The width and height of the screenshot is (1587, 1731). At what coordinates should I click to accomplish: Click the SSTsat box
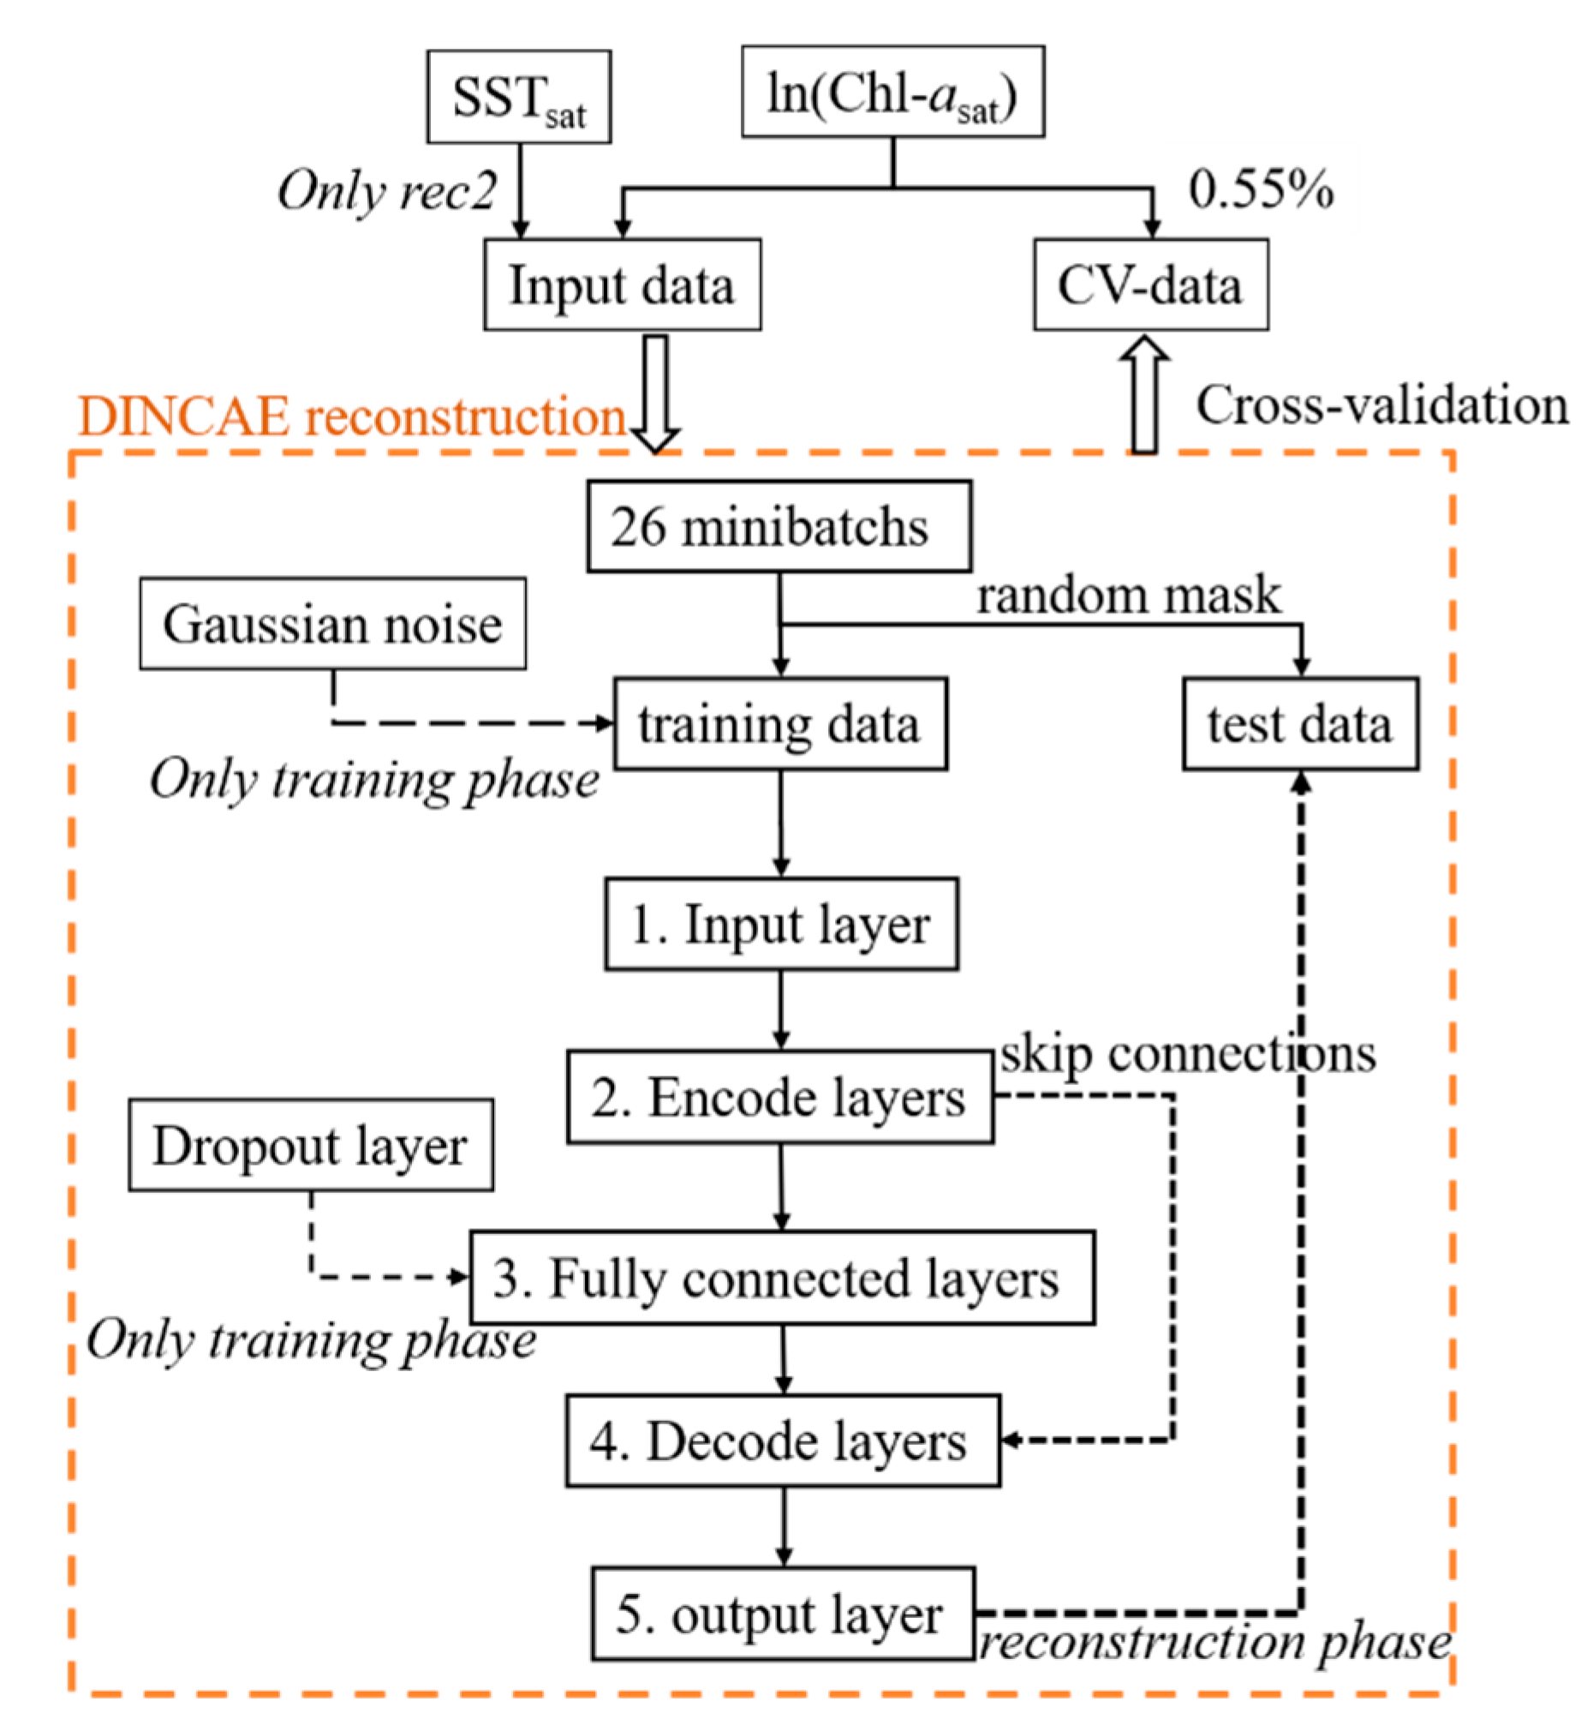pyautogui.click(x=519, y=97)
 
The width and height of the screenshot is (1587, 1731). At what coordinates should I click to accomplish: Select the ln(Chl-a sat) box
pyautogui.click(x=892, y=92)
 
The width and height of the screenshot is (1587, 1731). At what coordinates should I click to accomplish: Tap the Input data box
pyautogui.click(x=622, y=285)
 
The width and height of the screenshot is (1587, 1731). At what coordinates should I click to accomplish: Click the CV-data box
pyautogui.click(x=1150, y=285)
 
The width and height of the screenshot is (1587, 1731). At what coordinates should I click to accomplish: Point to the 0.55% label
pyautogui.click(x=1260, y=189)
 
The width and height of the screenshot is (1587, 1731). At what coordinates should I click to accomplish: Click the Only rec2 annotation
pyautogui.click(x=386, y=190)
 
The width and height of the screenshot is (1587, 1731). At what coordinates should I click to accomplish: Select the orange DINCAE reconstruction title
pyautogui.click(x=352, y=417)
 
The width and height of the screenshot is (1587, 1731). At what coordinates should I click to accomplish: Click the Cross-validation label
pyautogui.click(x=1381, y=404)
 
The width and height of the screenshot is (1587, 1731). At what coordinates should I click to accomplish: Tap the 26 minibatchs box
pyautogui.click(x=779, y=527)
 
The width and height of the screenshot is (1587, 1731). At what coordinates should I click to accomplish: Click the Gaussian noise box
pyautogui.click(x=333, y=624)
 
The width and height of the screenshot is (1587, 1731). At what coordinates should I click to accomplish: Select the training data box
pyautogui.click(x=779, y=724)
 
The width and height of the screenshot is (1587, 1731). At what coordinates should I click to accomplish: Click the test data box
pyautogui.click(x=1299, y=724)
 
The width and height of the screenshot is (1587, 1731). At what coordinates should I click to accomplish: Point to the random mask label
pyautogui.click(x=1129, y=596)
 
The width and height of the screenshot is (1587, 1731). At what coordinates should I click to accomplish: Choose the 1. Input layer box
pyautogui.click(x=780, y=925)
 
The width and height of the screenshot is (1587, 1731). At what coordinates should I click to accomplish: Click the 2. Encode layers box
pyautogui.click(x=779, y=1097)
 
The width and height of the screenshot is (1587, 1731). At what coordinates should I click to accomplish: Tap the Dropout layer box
pyautogui.click(x=311, y=1145)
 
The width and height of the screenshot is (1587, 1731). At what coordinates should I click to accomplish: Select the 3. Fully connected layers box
pyautogui.click(x=781, y=1279)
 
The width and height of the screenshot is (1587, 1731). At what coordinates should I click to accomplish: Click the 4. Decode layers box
pyautogui.click(x=782, y=1441)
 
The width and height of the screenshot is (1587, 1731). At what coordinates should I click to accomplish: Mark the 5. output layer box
pyautogui.click(x=782, y=1614)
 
